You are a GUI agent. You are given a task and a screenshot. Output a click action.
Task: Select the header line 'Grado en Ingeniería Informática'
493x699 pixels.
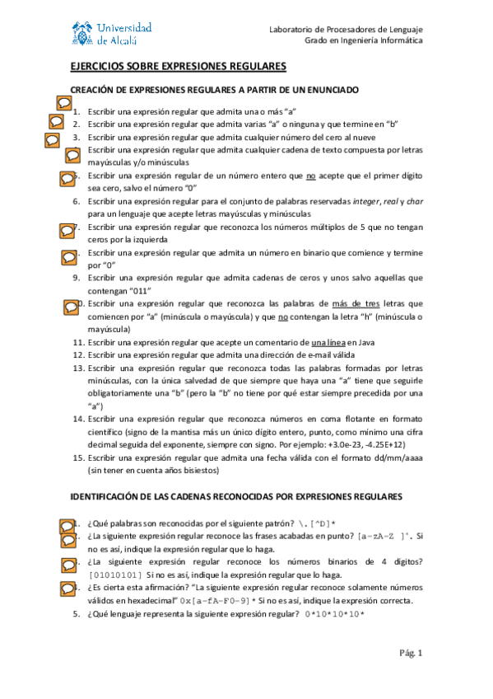coord(364,40)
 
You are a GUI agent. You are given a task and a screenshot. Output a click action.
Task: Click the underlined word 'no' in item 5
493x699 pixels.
coord(311,176)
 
